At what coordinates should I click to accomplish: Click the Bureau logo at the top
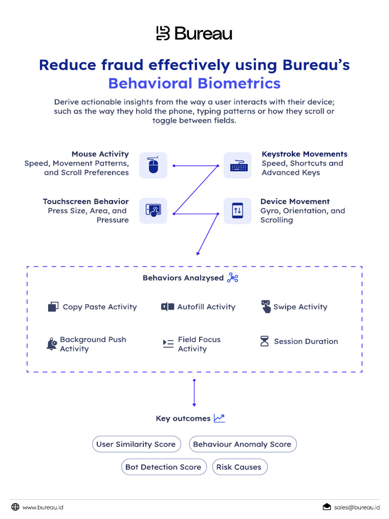[x=194, y=33]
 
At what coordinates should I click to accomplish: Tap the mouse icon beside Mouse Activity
[x=153, y=165]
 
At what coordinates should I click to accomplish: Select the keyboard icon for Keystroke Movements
[x=237, y=165]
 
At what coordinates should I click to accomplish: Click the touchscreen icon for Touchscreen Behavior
[x=153, y=211]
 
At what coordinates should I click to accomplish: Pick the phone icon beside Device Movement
[x=237, y=211]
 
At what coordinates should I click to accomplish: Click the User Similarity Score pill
[x=136, y=444]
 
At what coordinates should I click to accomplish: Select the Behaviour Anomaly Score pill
[x=242, y=444]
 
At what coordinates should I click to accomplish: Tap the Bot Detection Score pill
[x=163, y=467]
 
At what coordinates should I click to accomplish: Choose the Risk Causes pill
[x=239, y=467]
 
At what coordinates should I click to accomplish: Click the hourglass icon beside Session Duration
[x=264, y=341]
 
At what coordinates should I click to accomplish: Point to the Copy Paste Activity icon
[x=53, y=307]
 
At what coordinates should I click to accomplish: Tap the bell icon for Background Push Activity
[x=52, y=344]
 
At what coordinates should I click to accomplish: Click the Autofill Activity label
[x=206, y=307]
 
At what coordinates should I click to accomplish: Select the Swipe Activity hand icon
[x=266, y=307]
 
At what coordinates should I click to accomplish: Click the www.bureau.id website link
[x=43, y=507]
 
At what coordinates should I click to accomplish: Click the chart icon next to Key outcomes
[x=219, y=418]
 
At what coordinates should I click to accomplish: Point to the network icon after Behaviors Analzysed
[x=232, y=278]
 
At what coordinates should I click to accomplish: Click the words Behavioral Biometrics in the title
[x=194, y=83]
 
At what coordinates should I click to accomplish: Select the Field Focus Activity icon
[x=168, y=344]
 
